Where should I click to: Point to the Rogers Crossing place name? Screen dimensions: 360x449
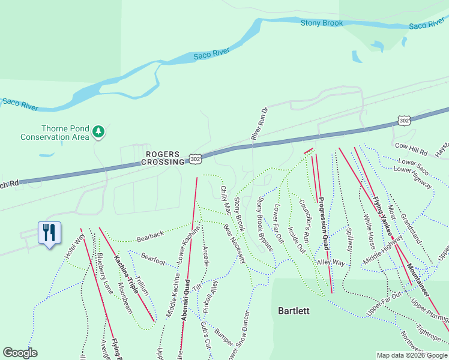tap(163, 158)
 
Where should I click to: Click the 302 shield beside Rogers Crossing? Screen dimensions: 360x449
tap(194, 158)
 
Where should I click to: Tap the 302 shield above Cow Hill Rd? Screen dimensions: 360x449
tap(404, 121)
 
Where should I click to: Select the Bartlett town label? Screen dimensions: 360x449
tap(294, 311)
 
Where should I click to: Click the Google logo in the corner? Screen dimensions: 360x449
tap(20, 353)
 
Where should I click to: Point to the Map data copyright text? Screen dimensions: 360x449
tap(411, 355)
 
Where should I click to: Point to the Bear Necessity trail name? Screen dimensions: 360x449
tap(235, 244)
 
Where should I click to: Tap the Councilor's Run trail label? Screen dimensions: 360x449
tap(304, 220)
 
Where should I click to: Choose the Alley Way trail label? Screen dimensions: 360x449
tap(331, 263)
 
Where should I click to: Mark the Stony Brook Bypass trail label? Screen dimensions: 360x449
tap(265, 223)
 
